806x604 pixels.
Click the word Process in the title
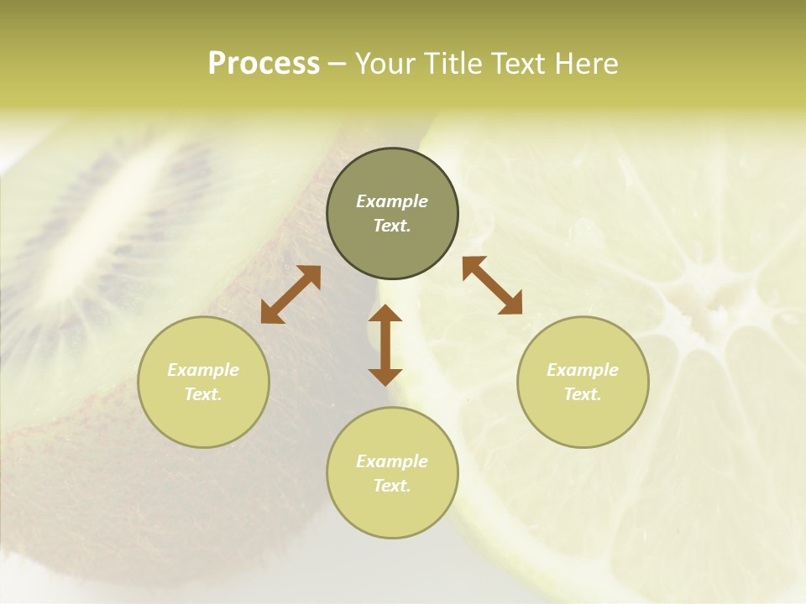264,64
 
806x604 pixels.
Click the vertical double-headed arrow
385,345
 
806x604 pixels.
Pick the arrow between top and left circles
290,294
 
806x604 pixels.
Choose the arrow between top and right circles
492,285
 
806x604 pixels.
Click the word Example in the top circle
392,201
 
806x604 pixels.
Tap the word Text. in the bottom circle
392,486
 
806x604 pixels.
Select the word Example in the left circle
203,370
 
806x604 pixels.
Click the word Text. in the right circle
583,394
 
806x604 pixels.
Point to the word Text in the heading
519,64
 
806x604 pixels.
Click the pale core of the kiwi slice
118,210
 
